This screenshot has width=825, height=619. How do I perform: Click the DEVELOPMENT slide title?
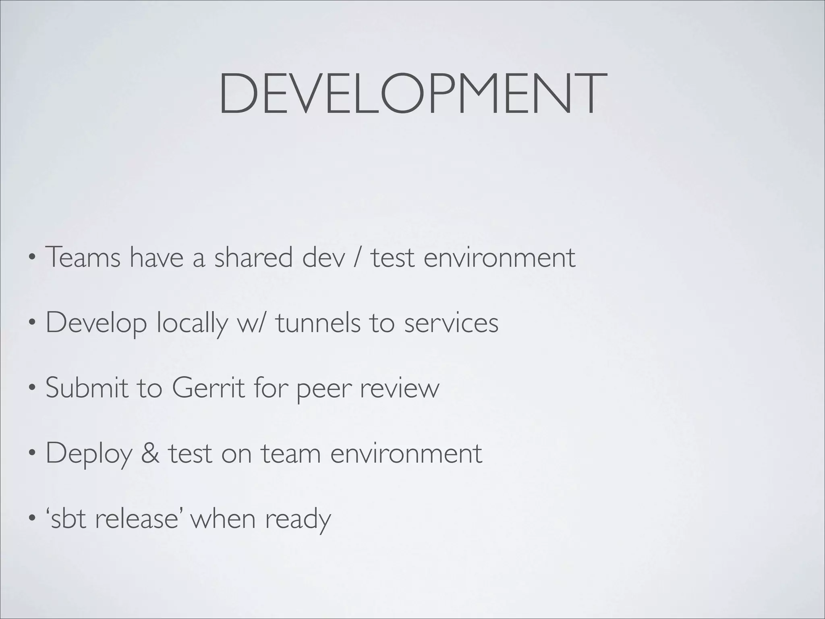click(412, 93)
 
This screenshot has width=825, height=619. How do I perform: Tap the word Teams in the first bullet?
click(83, 257)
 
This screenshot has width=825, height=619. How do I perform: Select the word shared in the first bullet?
click(253, 257)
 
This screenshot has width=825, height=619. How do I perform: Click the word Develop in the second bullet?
click(96, 324)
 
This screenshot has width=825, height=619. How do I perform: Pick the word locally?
click(192, 324)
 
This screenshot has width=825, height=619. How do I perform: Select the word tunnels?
click(318, 323)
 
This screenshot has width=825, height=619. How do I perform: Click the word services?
click(451, 323)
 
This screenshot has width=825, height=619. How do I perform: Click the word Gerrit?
click(208, 388)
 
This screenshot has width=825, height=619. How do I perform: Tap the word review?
click(399, 388)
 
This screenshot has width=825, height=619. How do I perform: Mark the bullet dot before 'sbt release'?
click(32, 518)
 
